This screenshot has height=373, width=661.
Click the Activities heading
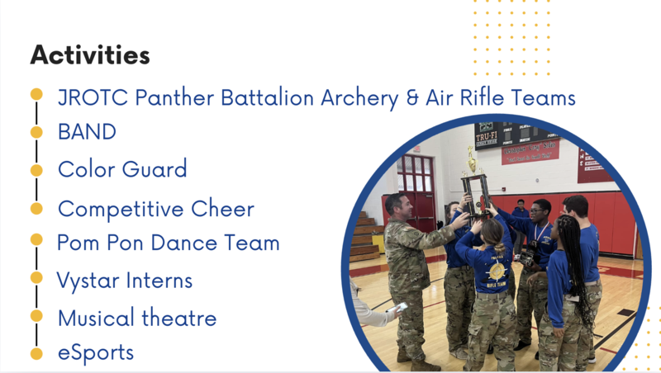(x=90, y=54)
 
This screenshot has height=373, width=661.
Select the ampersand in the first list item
(x=412, y=97)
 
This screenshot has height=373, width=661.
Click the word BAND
(x=87, y=132)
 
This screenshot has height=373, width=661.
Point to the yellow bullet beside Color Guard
(x=36, y=170)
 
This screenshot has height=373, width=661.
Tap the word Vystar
(x=88, y=281)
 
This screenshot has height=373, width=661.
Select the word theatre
(x=178, y=318)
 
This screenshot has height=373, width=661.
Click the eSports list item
(x=96, y=353)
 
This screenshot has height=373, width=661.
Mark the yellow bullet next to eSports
(x=36, y=354)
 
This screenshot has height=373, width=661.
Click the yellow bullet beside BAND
(x=36, y=132)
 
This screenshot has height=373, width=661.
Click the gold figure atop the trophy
(x=472, y=159)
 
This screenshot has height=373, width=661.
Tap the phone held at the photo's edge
(x=397, y=307)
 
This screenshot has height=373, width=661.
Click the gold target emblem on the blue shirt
(x=497, y=271)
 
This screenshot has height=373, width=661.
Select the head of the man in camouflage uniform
(x=397, y=205)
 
